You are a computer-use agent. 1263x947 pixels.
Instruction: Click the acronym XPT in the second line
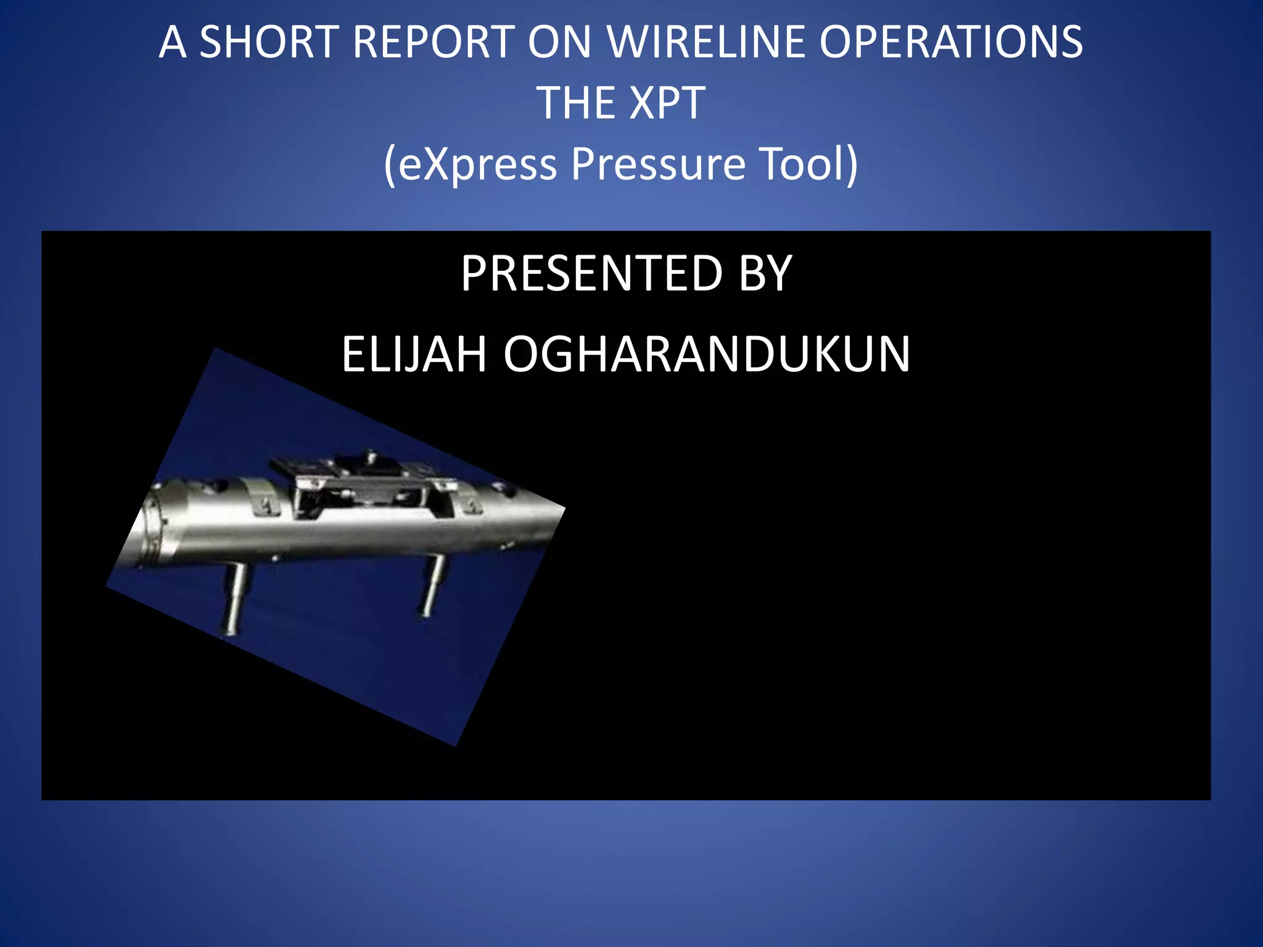669,103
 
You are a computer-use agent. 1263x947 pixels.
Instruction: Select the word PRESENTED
591,274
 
